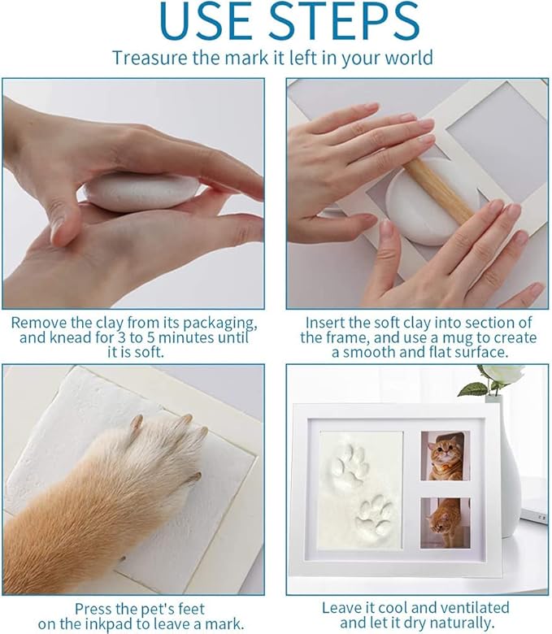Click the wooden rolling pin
(x=440, y=193)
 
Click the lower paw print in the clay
(x=375, y=514)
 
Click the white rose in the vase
(x=498, y=375)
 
